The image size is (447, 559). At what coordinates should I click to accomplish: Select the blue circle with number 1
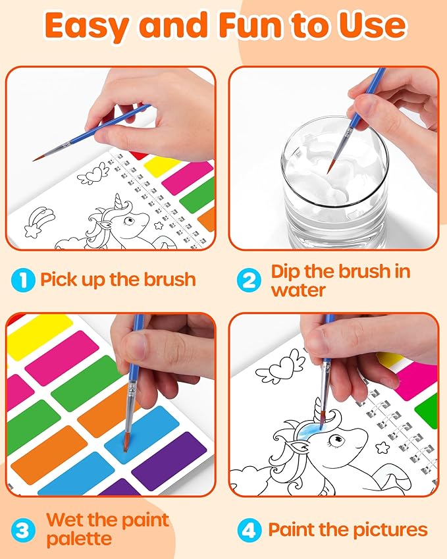tap(23, 279)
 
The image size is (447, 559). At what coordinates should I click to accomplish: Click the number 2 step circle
tap(248, 279)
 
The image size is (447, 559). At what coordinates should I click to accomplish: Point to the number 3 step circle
tap(23, 529)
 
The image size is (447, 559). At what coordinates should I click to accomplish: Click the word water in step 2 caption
tap(298, 289)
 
